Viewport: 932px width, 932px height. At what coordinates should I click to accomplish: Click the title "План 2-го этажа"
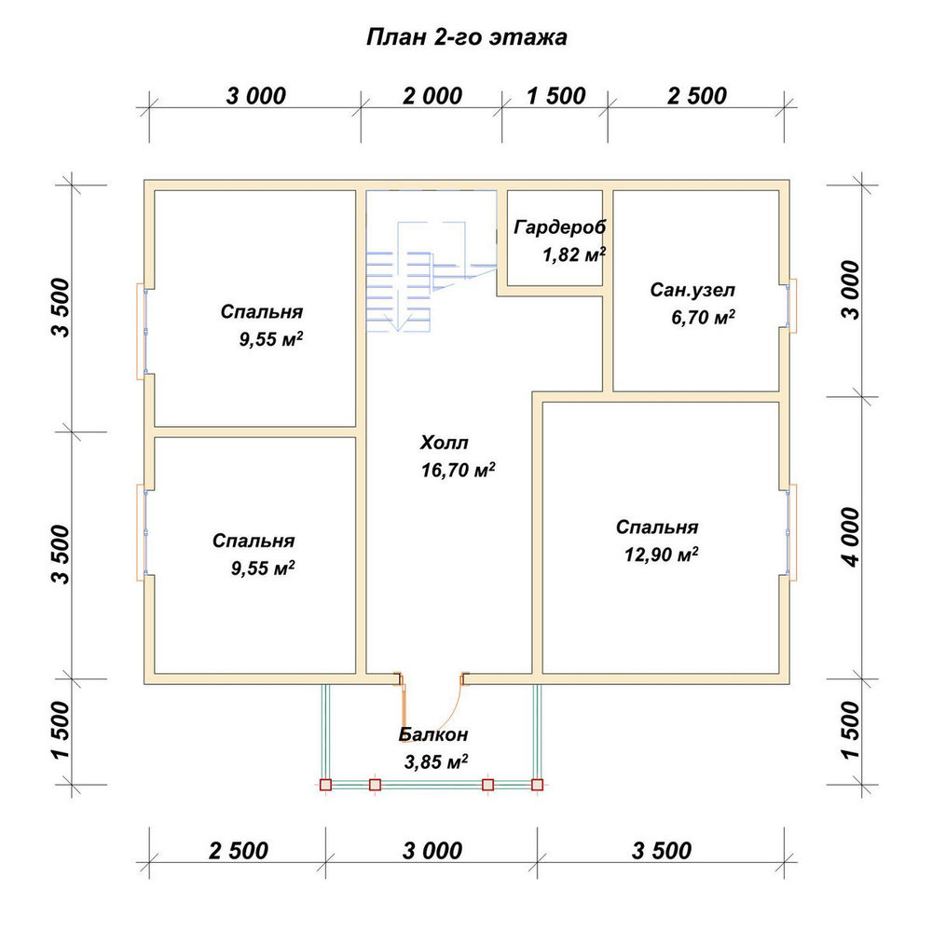coord(466,37)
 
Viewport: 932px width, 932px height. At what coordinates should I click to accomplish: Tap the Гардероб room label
coord(560,227)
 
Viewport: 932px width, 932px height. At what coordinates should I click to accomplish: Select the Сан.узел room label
coord(692,290)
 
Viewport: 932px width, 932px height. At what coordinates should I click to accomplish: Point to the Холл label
coord(444,442)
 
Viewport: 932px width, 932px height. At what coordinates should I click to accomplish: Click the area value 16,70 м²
coord(459,470)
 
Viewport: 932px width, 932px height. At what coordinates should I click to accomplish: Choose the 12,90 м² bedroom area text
coord(661,554)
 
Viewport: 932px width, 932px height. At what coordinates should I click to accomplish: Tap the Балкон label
coord(433,734)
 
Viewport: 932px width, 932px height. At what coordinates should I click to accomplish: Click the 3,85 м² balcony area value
coord(435,761)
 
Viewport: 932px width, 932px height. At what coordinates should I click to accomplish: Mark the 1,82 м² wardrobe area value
coord(574,254)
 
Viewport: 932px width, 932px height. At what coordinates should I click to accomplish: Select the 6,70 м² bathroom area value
coord(703,317)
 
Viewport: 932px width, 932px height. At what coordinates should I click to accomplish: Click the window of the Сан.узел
coord(791,306)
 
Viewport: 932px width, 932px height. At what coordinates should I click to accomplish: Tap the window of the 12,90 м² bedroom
coord(791,531)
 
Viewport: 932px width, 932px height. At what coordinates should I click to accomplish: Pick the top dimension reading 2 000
coord(432,96)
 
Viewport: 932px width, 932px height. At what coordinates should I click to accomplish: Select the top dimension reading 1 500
coord(555,96)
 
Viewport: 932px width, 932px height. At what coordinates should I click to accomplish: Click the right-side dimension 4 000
coord(851,538)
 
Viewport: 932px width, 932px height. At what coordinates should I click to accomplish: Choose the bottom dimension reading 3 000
coord(432,851)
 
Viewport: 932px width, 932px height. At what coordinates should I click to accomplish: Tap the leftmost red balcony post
coord(325,785)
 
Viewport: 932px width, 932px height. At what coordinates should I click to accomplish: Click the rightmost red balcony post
coord(538,785)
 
